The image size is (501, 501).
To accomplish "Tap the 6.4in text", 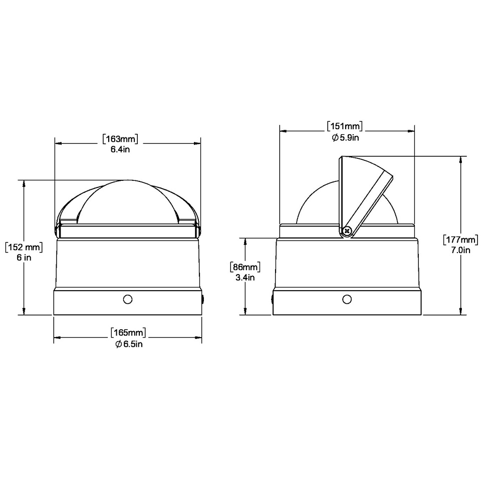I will click(120, 150).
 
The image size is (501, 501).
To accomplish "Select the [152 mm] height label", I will click(23, 247).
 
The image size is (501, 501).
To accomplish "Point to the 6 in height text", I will click(24, 258).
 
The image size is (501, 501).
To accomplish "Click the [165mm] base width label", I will click(128, 333).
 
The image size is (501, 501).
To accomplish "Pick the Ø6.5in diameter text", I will click(128, 344).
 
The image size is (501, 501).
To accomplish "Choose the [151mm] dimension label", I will click(344, 126).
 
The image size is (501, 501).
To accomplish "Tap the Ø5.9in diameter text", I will click(345, 138).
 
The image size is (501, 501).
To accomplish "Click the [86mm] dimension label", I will click(245, 266).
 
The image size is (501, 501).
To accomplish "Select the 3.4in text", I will click(245, 277).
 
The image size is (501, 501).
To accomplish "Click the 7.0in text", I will click(461, 250).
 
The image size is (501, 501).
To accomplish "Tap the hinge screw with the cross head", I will click(346, 230).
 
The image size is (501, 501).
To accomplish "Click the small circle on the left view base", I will click(127, 299).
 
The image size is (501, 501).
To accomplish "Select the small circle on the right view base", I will click(346, 299).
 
